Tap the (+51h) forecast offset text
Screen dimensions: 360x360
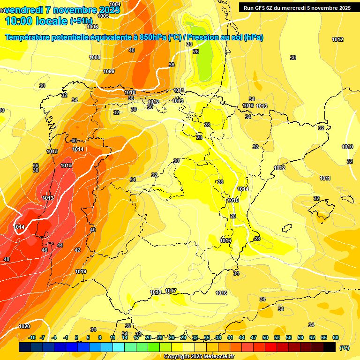pyautogui.click(x=81, y=21)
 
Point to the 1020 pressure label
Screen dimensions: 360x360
pyautogui.click(x=24, y=326)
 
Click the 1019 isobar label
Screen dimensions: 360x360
pyautogui.click(x=81, y=271)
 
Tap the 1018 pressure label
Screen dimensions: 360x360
pyautogui.click(x=156, y=292)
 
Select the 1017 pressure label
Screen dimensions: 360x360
pyautogui.click(x=171, y=291)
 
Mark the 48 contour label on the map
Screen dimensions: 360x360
pyautogui.click(x=7, y=259)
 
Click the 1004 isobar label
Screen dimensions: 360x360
pyautogui.click(x=114, y=4)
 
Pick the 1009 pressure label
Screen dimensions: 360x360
pyautogui.click(x=109, y=71)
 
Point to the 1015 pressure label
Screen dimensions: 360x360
pyautogui.click(x=233, y=200)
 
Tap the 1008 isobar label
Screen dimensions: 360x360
pyautogui.click(x=95, y=57)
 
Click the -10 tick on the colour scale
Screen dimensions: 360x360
pyautogui.click(x=32, y=337)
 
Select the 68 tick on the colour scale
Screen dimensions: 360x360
pyautogui.click(x=335, y=337)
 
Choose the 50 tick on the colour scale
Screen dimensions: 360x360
pyautogui.click(x=265, y=337)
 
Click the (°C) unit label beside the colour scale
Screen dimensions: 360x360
pyautogui.click(x=345, y=347)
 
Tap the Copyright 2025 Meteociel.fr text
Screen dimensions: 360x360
pyautogui.click(x=198, y=356)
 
